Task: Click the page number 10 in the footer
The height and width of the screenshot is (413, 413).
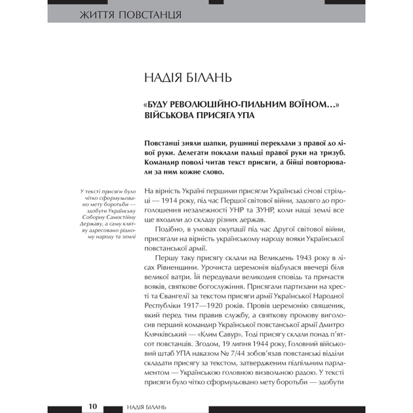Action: [x=92, y=406]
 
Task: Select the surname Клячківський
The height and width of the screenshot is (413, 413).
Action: [x=168, y=345]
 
